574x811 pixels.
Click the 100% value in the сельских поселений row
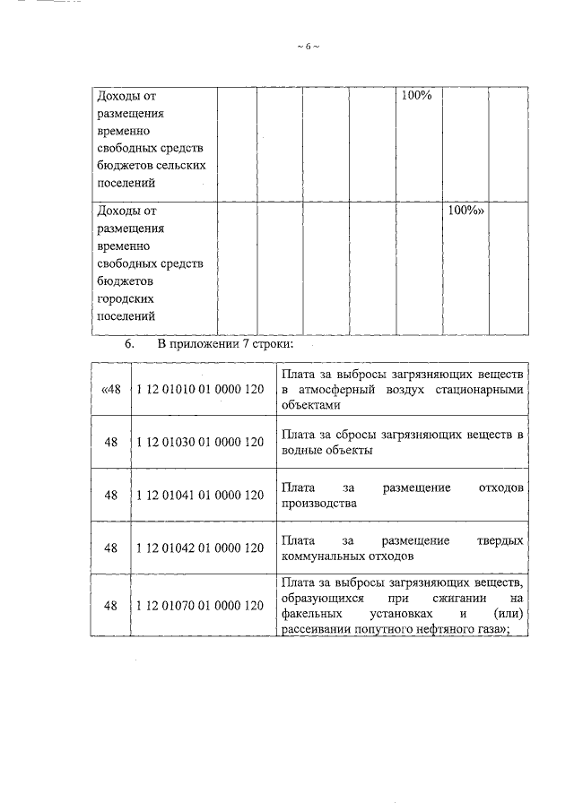(x=416, y=95)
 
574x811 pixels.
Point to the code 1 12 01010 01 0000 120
(x=200, y=390)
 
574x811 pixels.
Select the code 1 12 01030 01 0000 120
(x=200, y=442)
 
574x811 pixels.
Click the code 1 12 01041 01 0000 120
(x=200, y=495)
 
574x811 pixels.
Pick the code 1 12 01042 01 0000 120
(x=200, y=548)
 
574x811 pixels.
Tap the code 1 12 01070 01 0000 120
(x=200, y=606)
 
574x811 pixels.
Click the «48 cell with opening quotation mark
(x=110, y=390)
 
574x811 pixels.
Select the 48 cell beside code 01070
(x=111, y=606)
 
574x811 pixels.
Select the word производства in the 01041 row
(x=319, y=504)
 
